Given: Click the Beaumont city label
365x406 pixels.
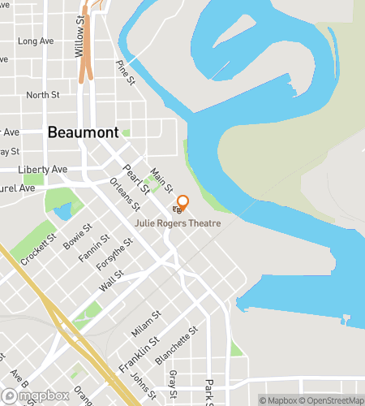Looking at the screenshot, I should [x=84, y=132].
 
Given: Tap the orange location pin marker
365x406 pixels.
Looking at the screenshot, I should [x=182, y=203].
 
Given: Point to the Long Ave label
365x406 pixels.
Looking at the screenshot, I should [x=35, y=41].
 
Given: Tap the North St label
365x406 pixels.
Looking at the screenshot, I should [x=43, y=95].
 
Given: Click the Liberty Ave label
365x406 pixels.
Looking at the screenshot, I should [x=43, y=169].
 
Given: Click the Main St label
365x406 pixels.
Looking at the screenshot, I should [x=163, y=181].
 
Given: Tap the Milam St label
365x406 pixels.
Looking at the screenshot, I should [x=146, y=322].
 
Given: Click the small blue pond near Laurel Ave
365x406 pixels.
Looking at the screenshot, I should [x=62, y=212].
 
